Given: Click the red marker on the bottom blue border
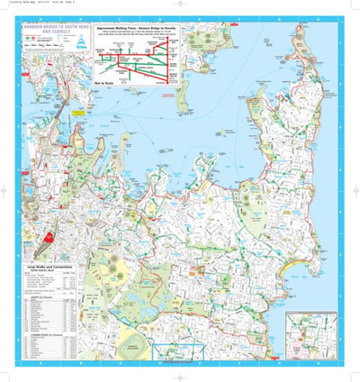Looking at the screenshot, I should tap(181, 365).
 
